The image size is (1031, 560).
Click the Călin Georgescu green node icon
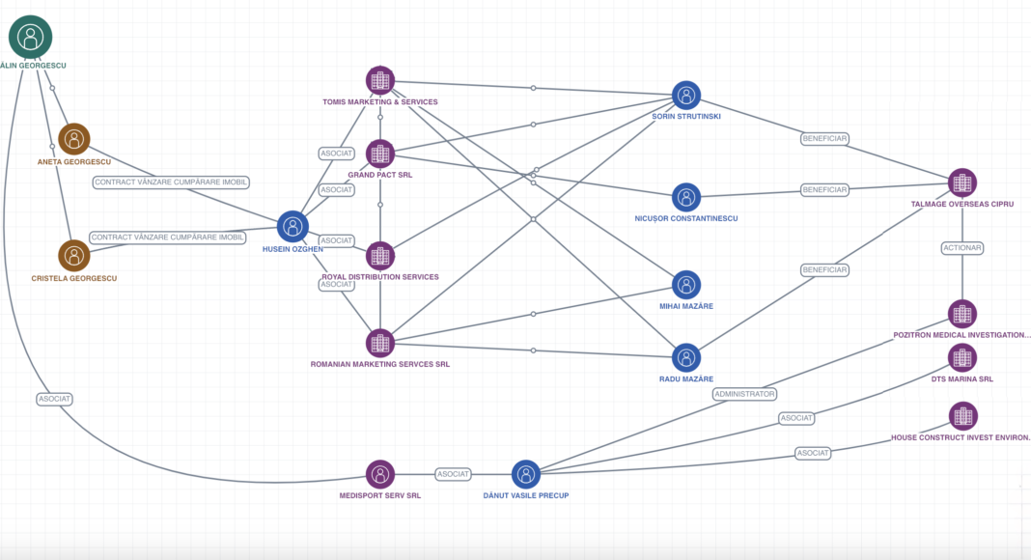coord(30,37)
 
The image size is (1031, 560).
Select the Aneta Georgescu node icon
coord(74,139)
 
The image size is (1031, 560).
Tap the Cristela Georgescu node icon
coord(74,256)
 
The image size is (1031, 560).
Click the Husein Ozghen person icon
coord(293,227)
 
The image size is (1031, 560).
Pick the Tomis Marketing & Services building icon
coord(380,81)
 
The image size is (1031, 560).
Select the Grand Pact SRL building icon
coord(380,154)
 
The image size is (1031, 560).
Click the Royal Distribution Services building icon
coord(380,256)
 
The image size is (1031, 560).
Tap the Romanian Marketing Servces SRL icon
coord(380,343)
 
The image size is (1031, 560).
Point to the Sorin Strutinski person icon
coord(686,96)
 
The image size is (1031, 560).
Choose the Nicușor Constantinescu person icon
coord(686,197)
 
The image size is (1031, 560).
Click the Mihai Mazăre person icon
coord(686,285)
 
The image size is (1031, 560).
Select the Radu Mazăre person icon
coord(686,358)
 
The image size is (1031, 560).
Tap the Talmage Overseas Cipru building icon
coord(962,182)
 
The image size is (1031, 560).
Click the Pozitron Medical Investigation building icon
coord(962,314)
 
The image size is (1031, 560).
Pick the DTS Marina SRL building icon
coord(962,358)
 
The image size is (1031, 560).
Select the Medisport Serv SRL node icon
coord(380,475)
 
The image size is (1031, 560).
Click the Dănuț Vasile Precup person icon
coord(526,475)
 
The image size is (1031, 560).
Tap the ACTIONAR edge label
coord(962,248)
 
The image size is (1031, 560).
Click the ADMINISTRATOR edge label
coord(744,394)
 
